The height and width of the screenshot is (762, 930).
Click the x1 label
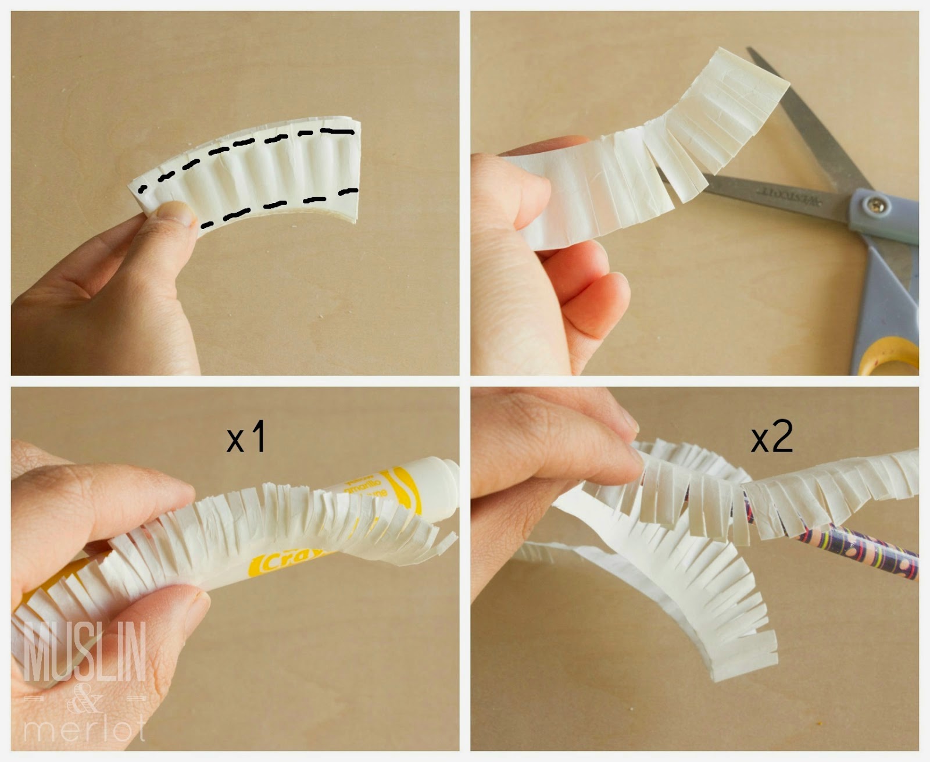(246, 437)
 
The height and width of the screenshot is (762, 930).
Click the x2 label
(771, 437)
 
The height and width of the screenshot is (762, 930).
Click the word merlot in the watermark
(84, 729)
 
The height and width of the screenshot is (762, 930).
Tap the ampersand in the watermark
(85, 700)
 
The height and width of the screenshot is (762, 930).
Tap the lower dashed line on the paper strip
(279, 205)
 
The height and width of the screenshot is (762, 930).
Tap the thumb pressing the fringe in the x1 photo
(174, 610)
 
